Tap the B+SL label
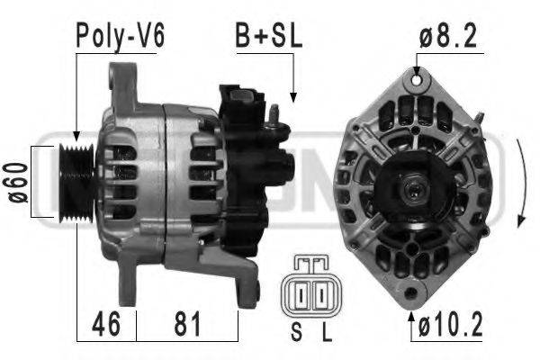tap(269, 36)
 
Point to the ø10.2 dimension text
tap(452, 322)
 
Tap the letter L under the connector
tap(327, 334)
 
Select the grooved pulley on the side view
tap(73, 181)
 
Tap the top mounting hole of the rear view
tap(417, 80)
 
